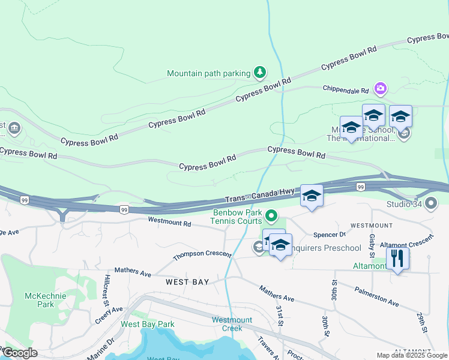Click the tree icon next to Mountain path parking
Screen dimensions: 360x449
click(259, 73)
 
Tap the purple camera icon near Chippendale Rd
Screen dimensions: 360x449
click(380, 89)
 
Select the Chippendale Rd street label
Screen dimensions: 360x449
click(345, 90)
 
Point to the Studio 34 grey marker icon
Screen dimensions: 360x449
click(431, 204)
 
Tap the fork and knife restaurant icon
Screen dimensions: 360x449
click(397, 259)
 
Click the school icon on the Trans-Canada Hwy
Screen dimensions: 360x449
click(312, 196)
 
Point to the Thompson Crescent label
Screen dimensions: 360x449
click(202, 255)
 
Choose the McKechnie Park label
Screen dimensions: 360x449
click(40, 300)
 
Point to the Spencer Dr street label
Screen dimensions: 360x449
click(330, 235)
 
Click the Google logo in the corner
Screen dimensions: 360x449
click(19, 353)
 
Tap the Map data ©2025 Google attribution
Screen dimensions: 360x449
click(411, 355)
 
